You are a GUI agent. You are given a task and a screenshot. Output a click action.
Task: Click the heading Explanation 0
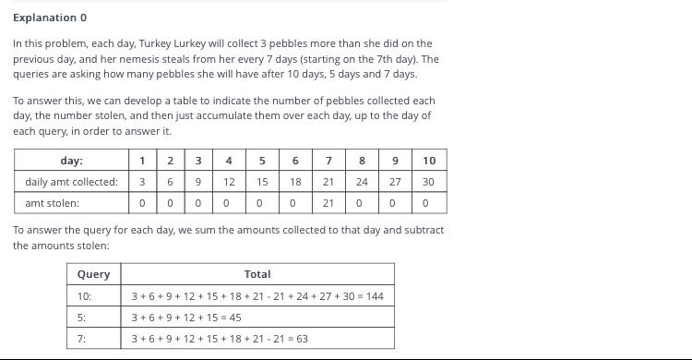point(50,18)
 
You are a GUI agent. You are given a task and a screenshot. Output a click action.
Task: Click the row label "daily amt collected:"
point(71,182)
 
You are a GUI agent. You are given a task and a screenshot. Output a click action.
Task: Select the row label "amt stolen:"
point(52,203)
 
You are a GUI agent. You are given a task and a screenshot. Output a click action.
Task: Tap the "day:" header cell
point(71,161)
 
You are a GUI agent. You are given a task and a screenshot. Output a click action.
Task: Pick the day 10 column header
point(429,161)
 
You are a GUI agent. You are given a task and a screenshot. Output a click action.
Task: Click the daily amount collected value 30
point(428,182)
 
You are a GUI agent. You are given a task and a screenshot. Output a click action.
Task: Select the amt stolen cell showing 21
point(328,203)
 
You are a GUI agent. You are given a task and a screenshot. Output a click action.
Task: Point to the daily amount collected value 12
point(229,182)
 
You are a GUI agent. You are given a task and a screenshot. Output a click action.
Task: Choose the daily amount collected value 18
point(295,182)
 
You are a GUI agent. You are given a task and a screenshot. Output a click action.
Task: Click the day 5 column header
point(262,161)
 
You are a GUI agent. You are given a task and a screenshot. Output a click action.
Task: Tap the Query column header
point(93,274)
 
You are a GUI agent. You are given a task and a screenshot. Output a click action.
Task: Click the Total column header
point(257,274)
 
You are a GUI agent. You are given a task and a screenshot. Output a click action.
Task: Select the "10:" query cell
point(84,296)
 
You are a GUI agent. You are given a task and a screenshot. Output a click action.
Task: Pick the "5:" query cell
point(81,318)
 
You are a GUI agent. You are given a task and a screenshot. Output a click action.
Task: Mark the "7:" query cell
point(81,339)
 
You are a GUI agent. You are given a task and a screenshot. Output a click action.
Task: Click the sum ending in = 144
point(257,296)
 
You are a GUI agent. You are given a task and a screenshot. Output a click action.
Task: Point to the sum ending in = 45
point(186,318)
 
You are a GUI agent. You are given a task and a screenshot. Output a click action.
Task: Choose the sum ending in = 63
point(220,339)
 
